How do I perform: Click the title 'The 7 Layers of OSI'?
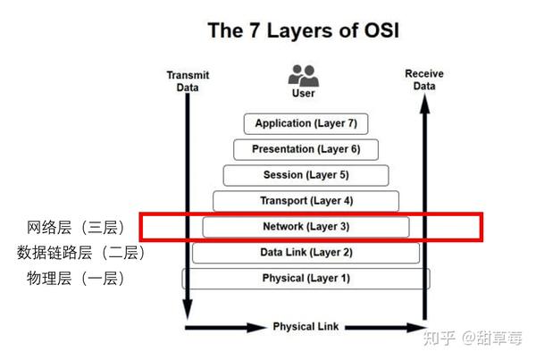[x=303, y=30]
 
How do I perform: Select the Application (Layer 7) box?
[x=306, y=124]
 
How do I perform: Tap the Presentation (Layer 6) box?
[x=306, y=149]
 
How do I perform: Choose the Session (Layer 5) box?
[x=306, y=175]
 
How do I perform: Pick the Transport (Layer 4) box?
[x=306, y=201]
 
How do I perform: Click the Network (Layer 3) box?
[x=306, y=227]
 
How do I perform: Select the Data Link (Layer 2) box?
[x=306, y=253]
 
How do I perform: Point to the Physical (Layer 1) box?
[x=306, y=279]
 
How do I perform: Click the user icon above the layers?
[x=303, y=76]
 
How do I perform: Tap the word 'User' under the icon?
[x=303, y=93]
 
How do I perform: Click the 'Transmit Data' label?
[x=188, y=81]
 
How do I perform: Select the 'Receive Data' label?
[x=424, y=80]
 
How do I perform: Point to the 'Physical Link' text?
[x=306, y=326]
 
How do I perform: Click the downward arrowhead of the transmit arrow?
[x=188, y=309]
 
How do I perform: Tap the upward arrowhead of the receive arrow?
[x=424, y=104]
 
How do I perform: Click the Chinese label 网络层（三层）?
[x=76, y=228]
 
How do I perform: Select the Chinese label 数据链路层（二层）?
[x=80, y=253]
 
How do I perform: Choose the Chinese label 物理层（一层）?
[x=76, y=279]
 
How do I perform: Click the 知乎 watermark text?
[x=439, y=339]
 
